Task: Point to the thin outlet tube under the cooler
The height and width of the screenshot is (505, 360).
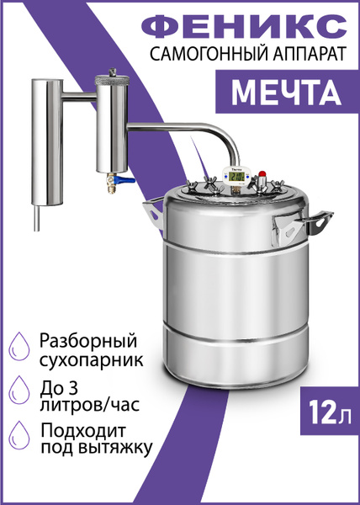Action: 36,221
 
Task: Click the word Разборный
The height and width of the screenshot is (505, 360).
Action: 88,343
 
